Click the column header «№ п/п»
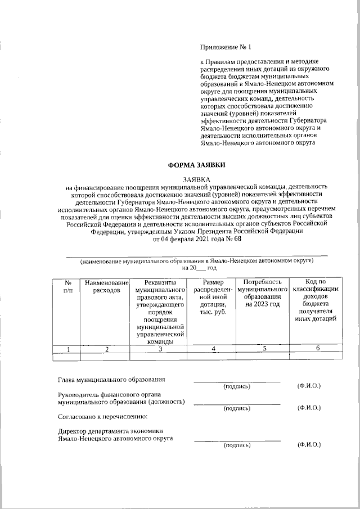67,286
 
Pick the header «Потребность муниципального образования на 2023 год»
263,292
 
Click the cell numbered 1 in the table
67,349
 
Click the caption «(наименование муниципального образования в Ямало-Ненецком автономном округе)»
197,261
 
